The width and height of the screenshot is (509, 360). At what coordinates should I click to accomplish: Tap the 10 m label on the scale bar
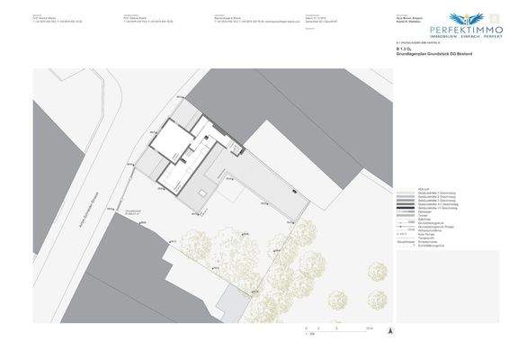point(369,329)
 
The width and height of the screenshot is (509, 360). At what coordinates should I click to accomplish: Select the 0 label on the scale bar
point(306,329)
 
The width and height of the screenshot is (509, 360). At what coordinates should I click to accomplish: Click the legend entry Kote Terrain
point(415,234)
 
